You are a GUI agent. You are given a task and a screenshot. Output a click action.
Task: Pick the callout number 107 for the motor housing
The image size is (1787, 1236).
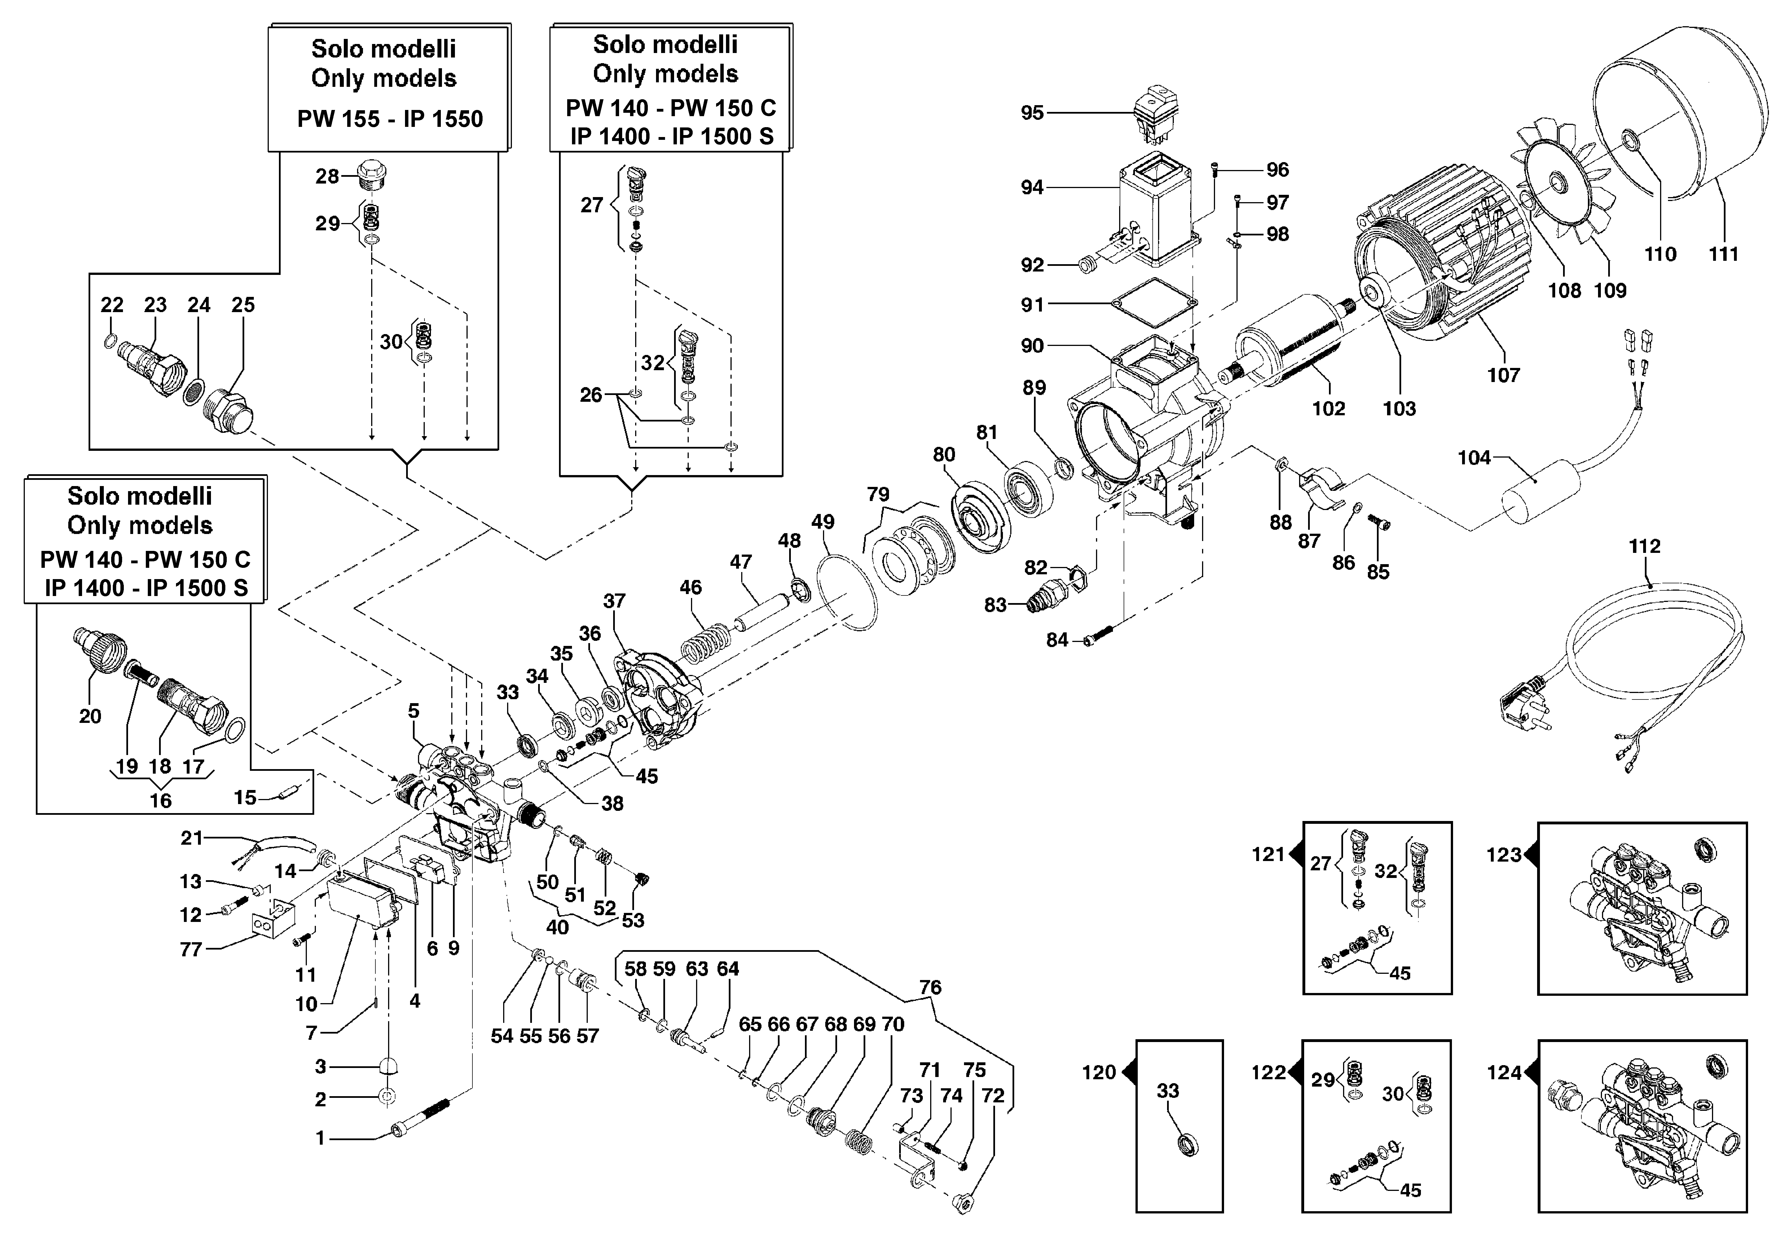point(1503,375)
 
